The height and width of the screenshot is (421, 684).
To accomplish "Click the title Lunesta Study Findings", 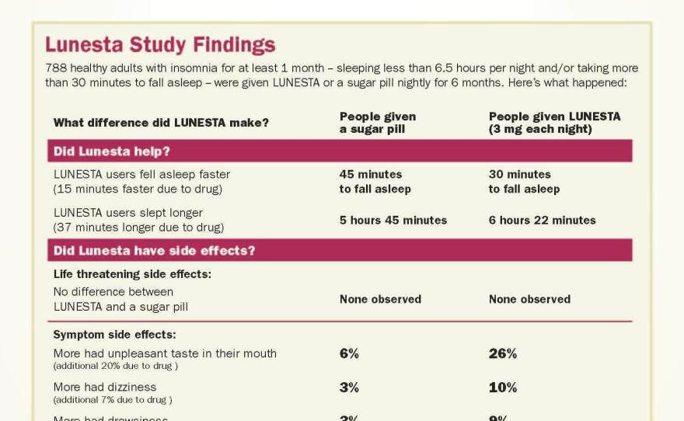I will click(160, 45).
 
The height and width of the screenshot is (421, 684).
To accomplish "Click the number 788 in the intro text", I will click(56, 68).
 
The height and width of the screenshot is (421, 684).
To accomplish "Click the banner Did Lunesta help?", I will click(112, 151).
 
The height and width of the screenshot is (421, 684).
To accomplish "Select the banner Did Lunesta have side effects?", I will click(155, 250).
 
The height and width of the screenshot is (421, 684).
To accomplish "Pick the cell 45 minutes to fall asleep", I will click(375, 182).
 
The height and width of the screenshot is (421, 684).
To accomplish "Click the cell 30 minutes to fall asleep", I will click(523, 182).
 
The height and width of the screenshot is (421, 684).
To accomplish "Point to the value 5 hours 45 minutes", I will click(393, 220).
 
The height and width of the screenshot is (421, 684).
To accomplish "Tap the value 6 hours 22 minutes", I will click(542, 220).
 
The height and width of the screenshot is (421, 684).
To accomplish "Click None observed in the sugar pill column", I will click(380, 299).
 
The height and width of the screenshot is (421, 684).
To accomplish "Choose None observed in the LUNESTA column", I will click(529, 299).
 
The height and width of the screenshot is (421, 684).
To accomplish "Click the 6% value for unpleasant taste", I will click(349, 353).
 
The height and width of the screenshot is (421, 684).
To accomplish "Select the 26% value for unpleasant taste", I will click(502, 353).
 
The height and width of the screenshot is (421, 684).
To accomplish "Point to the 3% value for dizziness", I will click(349, 388).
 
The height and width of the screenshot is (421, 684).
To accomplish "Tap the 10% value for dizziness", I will click(502, 388).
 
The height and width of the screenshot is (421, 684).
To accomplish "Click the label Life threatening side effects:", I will click(132, 274).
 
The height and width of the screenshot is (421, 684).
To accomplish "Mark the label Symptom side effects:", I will click(114, 335).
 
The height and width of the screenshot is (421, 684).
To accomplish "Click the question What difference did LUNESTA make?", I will click(161, 123).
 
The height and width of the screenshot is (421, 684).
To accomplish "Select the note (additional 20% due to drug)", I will click(116, 366).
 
